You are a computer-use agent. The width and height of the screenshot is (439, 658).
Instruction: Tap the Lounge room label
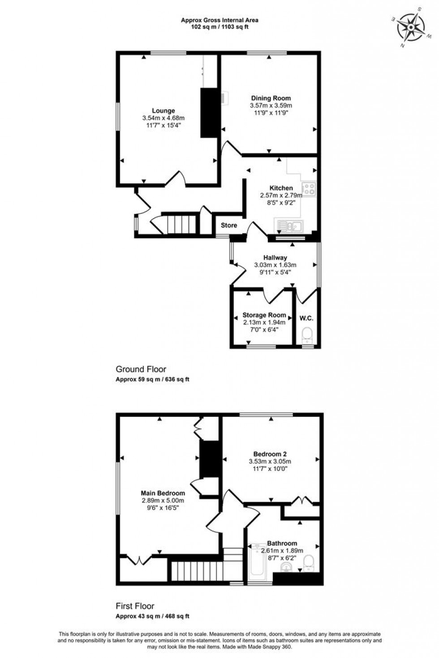point(164,111)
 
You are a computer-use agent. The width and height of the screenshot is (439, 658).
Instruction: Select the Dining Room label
point(271,98)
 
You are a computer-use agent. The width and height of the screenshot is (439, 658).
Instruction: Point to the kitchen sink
point(289,226)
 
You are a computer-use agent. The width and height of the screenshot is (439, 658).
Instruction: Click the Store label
point(229,225)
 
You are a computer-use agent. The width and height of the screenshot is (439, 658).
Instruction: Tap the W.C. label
point(306,318)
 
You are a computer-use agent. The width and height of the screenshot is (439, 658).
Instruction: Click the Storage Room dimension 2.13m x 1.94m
point(264,322)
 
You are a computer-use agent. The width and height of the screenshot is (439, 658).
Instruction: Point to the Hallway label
point(275,257)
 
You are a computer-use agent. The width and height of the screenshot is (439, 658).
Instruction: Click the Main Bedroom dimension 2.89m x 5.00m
point(163,501)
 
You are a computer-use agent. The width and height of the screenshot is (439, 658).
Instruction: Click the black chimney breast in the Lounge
point(208,113)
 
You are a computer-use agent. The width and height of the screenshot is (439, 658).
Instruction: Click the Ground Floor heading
point(141,369)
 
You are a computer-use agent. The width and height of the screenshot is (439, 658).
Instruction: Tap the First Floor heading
point(135,606)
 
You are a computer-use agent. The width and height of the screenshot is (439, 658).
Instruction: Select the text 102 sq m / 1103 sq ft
point(219,26)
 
